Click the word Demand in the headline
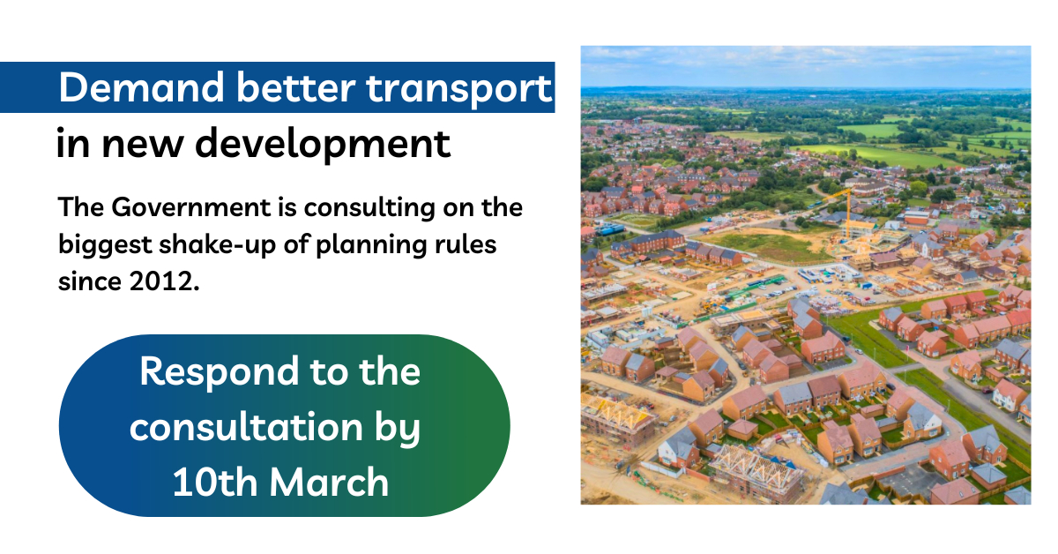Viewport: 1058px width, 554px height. pos(141,87)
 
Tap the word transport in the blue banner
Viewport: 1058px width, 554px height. pos(458,91)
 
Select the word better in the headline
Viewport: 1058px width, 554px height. pos(295,87)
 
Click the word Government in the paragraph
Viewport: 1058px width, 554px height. pos(191,208)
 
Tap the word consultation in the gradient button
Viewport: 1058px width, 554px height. pos(246,427)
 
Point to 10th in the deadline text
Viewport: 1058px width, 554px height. pos(215,482)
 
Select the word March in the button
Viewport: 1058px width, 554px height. pos(329,482)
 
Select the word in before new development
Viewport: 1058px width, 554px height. pos(73,144)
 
